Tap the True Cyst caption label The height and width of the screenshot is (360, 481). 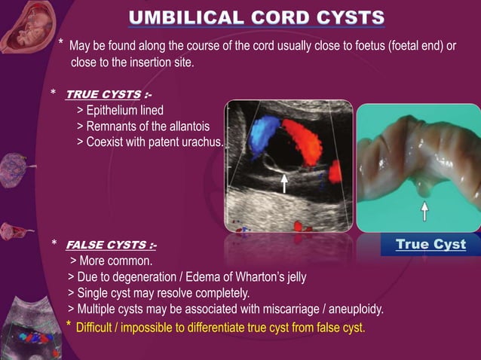[x=430, y=244]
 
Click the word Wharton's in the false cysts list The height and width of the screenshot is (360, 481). [x=257, y=276]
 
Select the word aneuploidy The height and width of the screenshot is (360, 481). [x=355, y=309]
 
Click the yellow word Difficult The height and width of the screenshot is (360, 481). [x=99, y=326]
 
